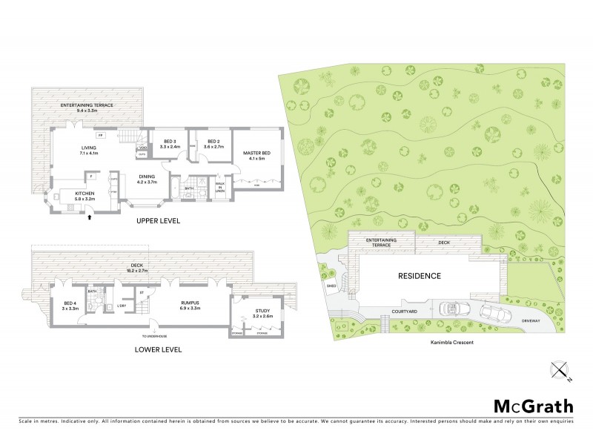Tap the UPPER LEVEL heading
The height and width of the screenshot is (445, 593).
point(159,221)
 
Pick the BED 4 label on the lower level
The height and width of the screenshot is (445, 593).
point(68,303)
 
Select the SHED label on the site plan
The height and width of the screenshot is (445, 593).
point(331,285)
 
